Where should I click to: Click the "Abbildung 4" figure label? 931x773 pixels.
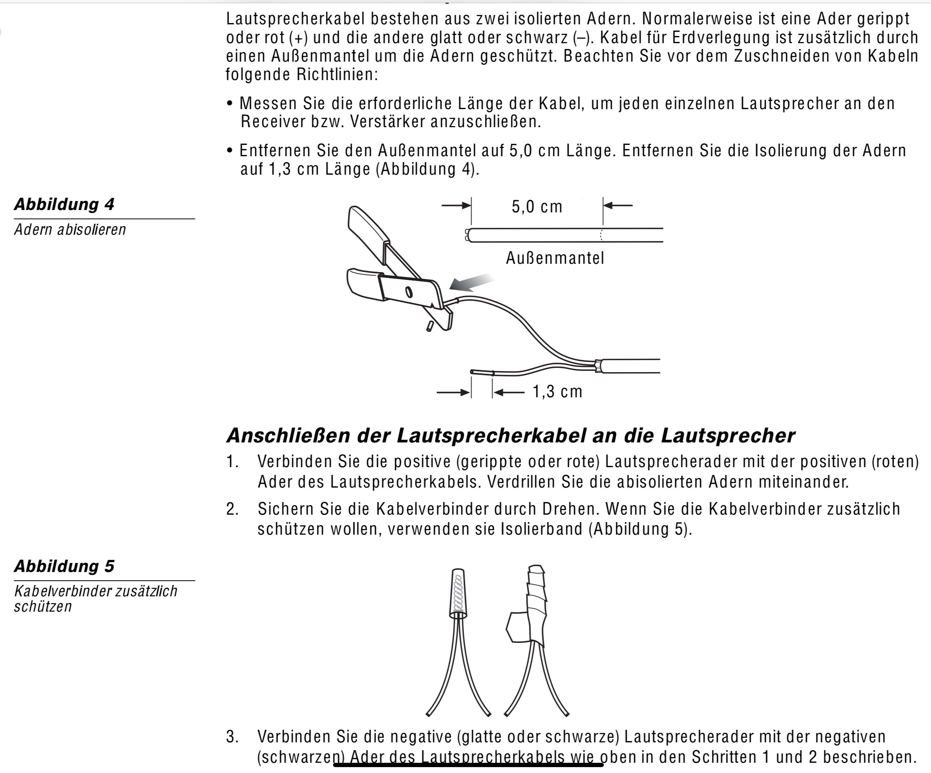[x=64, y=204]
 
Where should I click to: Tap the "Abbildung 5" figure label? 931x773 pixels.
[x=64, y=566]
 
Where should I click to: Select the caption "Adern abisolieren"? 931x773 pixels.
[x=70, y=230]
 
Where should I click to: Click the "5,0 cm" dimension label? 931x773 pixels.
[x=537, y=206]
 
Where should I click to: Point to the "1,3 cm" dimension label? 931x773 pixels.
[x=557, y=392]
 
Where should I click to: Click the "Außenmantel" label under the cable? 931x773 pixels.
[x=555, y=258]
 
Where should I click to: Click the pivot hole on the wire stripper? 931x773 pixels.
[x=409, y=292]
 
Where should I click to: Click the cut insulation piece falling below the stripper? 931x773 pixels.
[x=429, y=326]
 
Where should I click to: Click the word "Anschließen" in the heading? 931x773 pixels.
[x=288, y=436]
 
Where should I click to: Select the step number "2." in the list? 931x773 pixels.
[x=232, y=509]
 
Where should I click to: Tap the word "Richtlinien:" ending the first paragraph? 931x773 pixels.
[x=337, y=75]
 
